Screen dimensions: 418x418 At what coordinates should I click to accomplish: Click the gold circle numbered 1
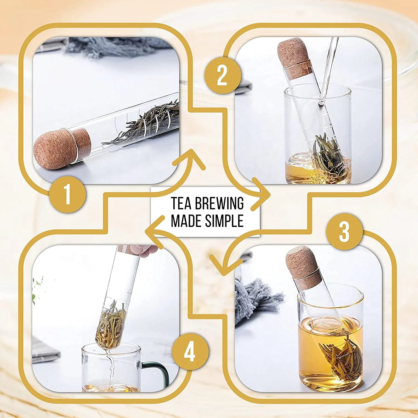point(67,195)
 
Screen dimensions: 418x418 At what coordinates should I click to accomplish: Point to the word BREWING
point(219,203)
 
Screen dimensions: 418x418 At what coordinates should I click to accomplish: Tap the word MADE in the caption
point(186,221)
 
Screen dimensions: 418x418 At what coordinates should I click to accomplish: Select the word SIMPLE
point(225,221)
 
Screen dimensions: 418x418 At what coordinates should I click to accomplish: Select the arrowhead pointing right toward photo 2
point(261,194)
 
